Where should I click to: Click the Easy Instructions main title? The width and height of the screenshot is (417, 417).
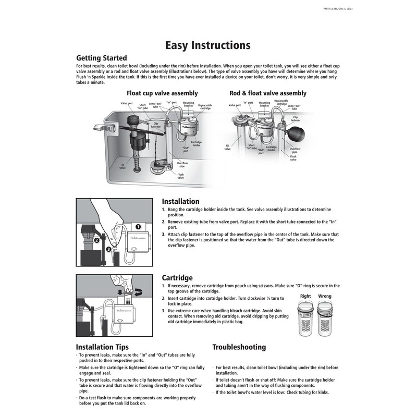point(207,45)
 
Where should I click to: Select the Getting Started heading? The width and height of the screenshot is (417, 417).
point(101,58)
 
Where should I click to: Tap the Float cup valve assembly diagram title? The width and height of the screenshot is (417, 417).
point(162,93)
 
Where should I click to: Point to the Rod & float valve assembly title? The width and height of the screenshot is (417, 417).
point(268,93)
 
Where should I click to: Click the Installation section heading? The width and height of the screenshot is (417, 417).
point(180,201)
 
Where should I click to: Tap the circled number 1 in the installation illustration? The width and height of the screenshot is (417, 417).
point(139,227)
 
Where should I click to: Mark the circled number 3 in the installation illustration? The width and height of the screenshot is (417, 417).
point(108,249)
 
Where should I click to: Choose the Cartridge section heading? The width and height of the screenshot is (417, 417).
point(177,278)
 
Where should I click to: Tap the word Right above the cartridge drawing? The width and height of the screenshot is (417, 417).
point(305,297)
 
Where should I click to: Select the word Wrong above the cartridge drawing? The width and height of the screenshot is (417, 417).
point(325,297)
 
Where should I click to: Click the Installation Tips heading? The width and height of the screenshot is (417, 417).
point(102,347)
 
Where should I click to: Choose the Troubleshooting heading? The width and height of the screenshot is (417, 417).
point(239,347)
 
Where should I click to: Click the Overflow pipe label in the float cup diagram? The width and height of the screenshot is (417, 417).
point(182,165)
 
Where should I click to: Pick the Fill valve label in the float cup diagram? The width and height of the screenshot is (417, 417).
point(122,167)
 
